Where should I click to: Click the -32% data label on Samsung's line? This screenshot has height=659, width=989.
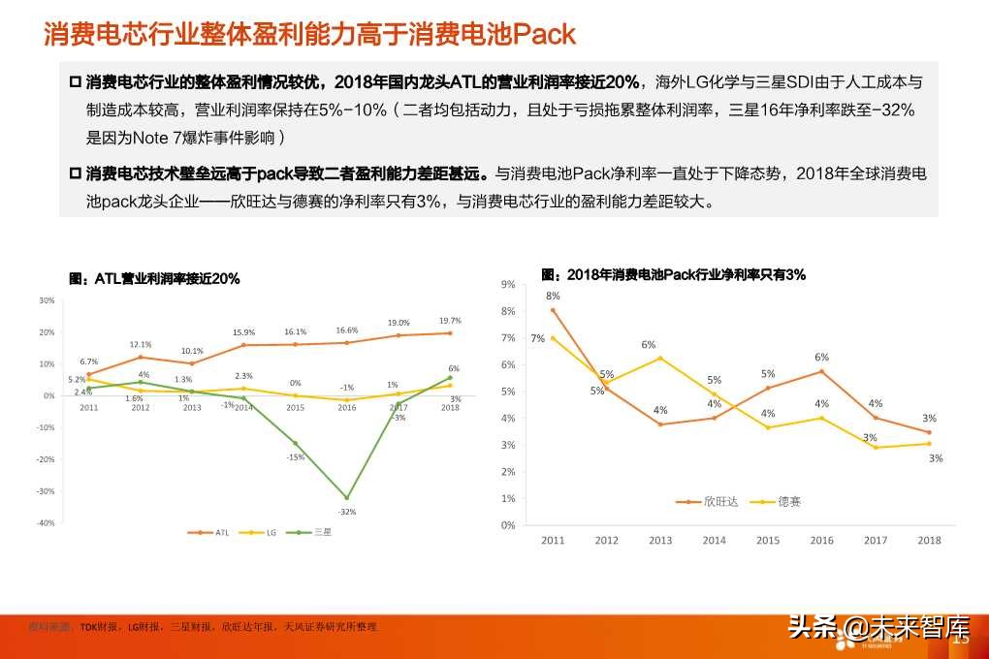click(x=346, y=511)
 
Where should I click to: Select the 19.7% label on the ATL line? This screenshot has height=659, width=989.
click(x=449, y=321)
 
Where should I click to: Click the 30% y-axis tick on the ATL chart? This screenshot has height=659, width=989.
click(x=47, y=300)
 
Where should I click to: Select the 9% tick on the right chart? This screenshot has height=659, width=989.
click(x=507, y=284)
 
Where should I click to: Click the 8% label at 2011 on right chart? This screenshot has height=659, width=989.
click(x=553, y=296)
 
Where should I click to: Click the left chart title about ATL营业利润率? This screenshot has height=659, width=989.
click(x=154, y=278)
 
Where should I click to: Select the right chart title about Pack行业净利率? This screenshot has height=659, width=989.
click(x=673, y=275)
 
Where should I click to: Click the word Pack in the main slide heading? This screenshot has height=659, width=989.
click(x=544, y=36)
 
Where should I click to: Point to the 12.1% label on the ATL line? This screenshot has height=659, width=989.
click(x=141, y=344)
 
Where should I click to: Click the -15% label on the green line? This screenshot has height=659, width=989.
click(x=296, y=456)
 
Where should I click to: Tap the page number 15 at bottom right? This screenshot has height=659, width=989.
click(x=962, y=638)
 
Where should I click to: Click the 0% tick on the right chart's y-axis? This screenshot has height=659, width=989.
click(x=507, y=525)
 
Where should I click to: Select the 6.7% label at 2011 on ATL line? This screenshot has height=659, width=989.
click(x=88, y=361)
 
